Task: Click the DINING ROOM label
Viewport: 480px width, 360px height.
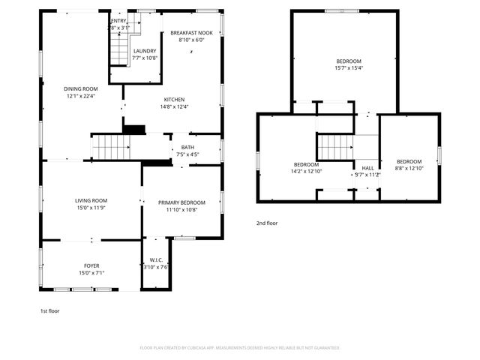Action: [81, 88]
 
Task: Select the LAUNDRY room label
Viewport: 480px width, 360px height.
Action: [144, 51]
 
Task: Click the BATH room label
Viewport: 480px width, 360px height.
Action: [187, 147]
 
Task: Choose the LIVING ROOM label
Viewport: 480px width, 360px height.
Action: [91, 200]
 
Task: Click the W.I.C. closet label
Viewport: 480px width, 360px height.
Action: [155, 260]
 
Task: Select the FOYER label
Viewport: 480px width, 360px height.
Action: [91, 265]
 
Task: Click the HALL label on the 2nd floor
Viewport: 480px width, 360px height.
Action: [367, 168]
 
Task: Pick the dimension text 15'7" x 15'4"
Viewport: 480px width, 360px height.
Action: [349, 68]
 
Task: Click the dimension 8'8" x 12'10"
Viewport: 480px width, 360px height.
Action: [409, 169]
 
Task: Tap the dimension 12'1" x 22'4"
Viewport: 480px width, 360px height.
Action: [81, 95]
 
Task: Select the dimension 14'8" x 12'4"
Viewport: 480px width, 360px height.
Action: [175, 106]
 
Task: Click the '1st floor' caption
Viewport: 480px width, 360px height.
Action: [50, 310]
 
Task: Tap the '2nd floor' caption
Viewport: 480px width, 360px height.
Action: [267, 223]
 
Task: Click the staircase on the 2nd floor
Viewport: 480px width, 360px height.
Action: [334, 146]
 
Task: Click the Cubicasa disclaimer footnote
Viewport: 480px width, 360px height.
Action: [240, 348]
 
